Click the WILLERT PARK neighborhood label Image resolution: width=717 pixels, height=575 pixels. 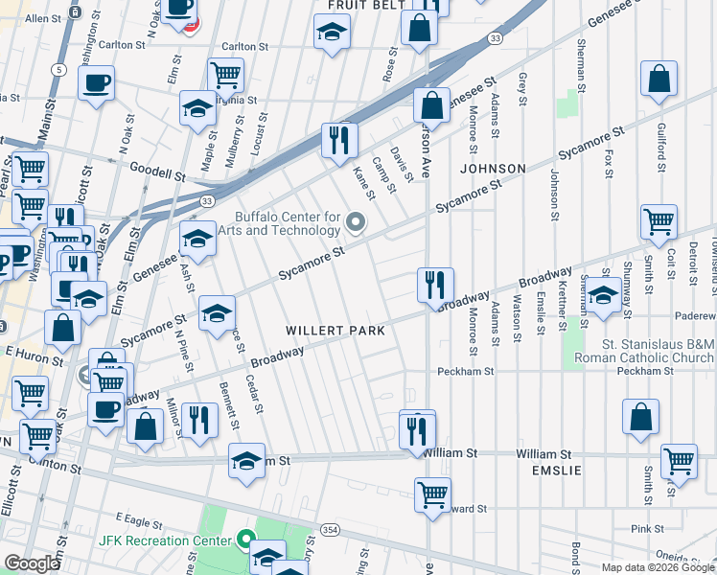pos(335,331)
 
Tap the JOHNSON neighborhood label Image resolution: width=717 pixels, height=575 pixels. pos(493,169)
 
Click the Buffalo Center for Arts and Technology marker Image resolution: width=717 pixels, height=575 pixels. pos(356,224)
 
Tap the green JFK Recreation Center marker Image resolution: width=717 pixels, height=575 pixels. pos(245,540)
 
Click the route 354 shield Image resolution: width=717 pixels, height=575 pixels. pos(330,529)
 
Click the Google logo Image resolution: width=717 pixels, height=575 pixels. pos(31,563)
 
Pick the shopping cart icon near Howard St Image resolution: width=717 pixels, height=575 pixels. pos(433,494)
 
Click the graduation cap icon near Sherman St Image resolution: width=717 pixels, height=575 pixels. pos(602,294)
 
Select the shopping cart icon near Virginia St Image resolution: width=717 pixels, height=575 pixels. pos(225,74)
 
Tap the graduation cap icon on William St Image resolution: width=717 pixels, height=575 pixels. pos(246,461)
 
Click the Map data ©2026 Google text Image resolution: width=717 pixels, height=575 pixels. pos(658,567)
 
